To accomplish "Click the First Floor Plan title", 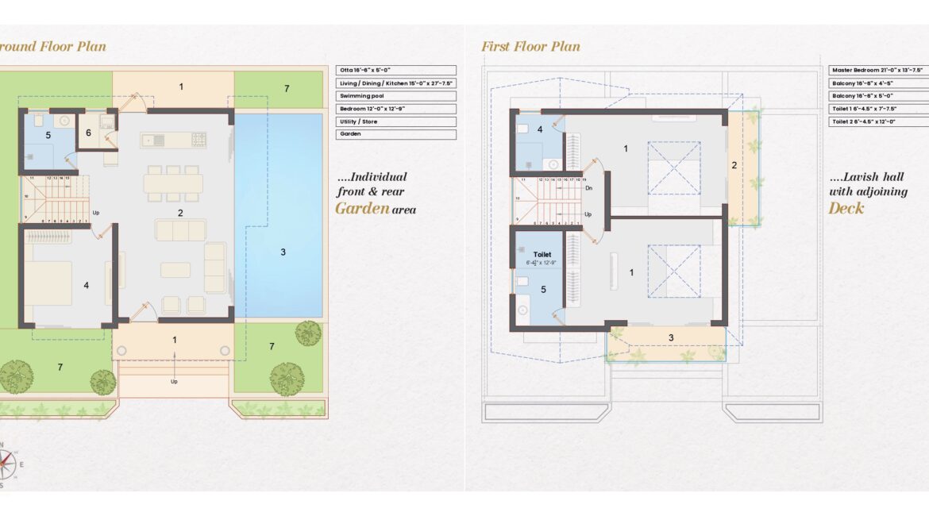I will click(530, 47).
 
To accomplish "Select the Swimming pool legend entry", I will click(395, 96).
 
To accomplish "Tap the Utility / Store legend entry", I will click(395, 121).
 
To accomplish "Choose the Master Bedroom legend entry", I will click(877, 71).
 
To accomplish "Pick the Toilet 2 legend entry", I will click(877, 121).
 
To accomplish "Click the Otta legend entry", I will click(395, 71).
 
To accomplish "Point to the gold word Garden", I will click(362, 209).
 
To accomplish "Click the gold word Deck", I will click(846, 209).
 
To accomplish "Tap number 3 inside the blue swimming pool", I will click(283, 252).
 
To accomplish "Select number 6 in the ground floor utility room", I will click(88, 133).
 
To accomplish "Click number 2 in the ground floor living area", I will click(180, 213).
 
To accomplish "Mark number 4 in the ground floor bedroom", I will click(87, 285).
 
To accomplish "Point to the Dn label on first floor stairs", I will click(588, 188).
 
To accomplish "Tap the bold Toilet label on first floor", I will click(542, 255).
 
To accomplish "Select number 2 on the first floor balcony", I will click(734, 165).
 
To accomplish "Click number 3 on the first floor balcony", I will click(671, 337).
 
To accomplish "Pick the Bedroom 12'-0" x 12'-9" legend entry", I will click(395, 109).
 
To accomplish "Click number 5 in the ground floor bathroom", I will click(48, 136).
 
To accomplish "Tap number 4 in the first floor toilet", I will click(540, 129).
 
